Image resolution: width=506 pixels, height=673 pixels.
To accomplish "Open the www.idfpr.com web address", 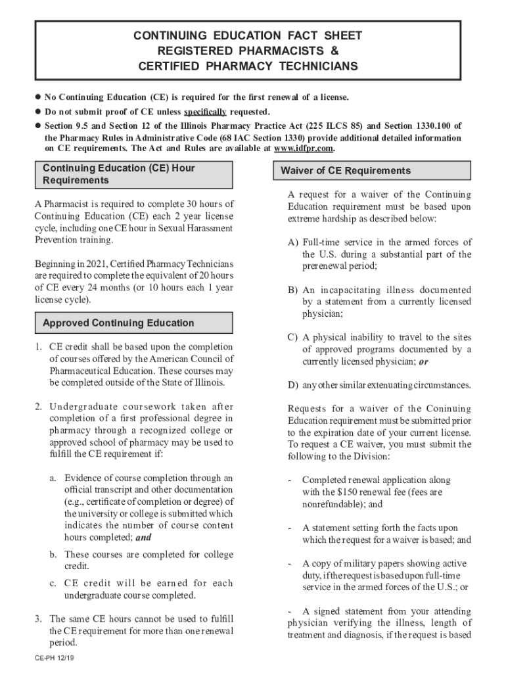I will click(308, 149).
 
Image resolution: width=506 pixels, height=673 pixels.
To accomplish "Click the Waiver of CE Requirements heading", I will click(346, 171).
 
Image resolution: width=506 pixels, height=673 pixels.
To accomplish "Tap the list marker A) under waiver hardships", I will click(293, 243).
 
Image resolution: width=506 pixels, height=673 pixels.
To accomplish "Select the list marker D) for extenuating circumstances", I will click(293, 384).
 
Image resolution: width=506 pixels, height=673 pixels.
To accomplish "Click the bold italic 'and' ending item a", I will click(143, 538).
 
